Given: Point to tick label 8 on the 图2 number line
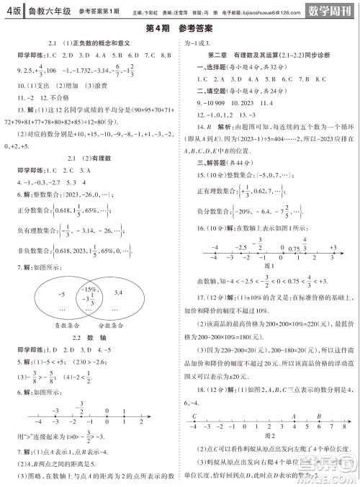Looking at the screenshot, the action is coord(345,427).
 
